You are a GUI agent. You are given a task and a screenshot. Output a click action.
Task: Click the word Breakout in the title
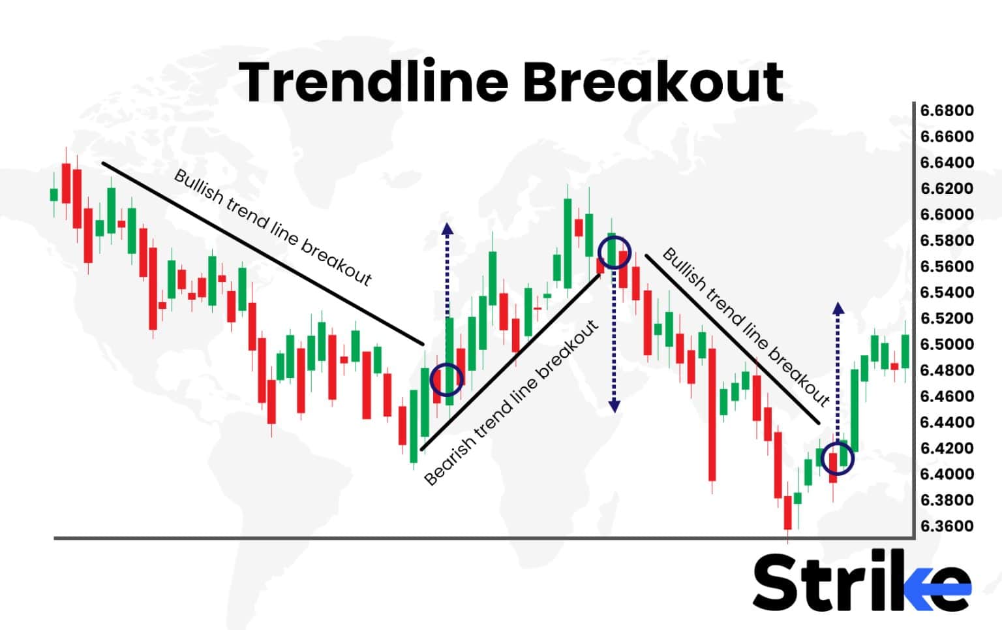652,82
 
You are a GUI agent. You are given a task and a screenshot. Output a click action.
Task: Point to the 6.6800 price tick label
947,110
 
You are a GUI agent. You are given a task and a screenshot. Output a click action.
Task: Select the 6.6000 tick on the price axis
947,214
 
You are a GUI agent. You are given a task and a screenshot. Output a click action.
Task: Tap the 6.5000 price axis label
947,344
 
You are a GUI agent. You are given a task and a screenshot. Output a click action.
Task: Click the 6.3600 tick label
947,526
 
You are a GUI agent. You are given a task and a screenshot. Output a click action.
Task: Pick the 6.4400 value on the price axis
947,422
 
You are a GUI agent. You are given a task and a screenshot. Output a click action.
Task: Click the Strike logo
861,581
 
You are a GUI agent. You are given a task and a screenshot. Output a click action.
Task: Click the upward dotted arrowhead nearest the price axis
838,308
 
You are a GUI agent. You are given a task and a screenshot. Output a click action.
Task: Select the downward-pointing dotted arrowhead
614,406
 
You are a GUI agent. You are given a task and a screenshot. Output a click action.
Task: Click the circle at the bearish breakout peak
614,253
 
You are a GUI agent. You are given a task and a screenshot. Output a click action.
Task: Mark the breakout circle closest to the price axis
837,458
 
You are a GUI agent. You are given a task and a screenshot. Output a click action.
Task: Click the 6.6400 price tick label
947,162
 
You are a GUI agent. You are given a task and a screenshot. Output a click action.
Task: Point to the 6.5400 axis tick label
947,292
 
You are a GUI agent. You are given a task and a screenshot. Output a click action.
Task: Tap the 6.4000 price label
947,474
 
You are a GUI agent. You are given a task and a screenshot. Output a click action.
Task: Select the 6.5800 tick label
947,240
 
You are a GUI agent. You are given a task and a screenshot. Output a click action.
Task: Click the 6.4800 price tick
947,370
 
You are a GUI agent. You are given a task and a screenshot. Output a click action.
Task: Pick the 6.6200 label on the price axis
947,188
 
